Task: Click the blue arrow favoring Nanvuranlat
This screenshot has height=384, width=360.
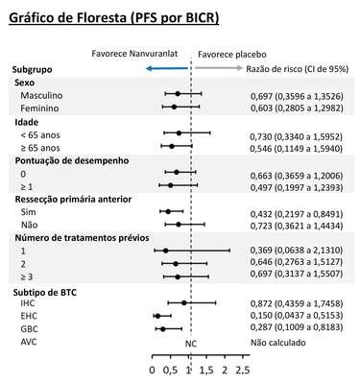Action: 166,68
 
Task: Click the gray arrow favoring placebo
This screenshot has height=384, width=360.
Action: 219,68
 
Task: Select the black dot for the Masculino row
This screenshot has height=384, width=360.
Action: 178,94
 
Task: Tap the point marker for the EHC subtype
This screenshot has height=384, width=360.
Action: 157,316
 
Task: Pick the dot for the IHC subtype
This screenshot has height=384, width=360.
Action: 183,302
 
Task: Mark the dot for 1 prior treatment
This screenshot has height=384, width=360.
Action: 165,251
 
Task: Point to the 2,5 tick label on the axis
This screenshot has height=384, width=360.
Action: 243,371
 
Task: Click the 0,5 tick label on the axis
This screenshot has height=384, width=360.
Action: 170,371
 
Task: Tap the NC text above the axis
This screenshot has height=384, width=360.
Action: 191,344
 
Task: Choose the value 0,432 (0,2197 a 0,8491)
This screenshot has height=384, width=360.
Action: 297,214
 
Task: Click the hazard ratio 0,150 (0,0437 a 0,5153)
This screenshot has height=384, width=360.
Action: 297,316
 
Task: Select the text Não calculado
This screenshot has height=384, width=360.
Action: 277,343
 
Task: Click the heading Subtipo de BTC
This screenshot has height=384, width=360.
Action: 45,293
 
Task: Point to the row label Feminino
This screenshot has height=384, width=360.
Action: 39,108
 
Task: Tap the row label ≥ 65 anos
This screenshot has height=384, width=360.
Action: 40,148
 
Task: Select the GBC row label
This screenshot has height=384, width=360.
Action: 29,329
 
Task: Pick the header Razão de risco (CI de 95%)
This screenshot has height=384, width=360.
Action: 298,69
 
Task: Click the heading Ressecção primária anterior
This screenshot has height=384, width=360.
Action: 73,200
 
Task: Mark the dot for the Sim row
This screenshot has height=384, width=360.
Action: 168,211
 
